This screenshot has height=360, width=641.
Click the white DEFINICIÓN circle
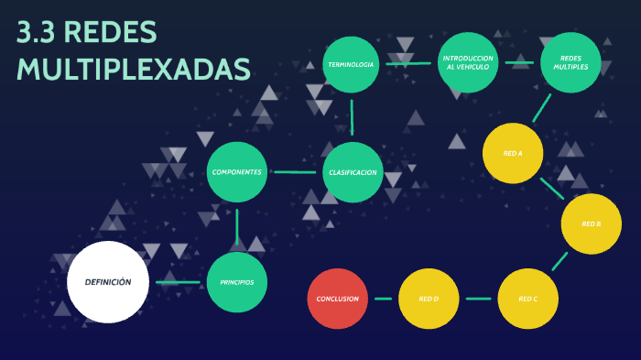click(108, 282)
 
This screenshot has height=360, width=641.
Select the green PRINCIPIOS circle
click(237, 282)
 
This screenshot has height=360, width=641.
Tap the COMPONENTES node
click(237, 172)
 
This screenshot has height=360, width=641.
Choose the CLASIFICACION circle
click(353, 172)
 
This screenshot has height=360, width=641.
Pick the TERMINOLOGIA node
click(352, 64)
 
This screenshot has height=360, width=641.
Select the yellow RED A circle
click(513, 152)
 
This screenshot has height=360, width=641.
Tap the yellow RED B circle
click(592, 224)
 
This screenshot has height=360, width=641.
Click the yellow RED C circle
click(527, 299)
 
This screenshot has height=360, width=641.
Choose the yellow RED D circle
click(429, 299)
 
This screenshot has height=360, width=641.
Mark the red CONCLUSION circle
click(338, 299)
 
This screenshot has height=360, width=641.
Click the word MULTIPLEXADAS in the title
click(134, 69)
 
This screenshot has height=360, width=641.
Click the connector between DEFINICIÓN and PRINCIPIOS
click(179, 282)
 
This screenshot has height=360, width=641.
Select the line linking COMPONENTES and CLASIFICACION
click(295, 172)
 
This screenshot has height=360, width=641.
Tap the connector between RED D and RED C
click(478, 299)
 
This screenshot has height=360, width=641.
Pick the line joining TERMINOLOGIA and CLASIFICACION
click(352, 118)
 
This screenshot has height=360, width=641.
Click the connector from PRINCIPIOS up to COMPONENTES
click(237, 227)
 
